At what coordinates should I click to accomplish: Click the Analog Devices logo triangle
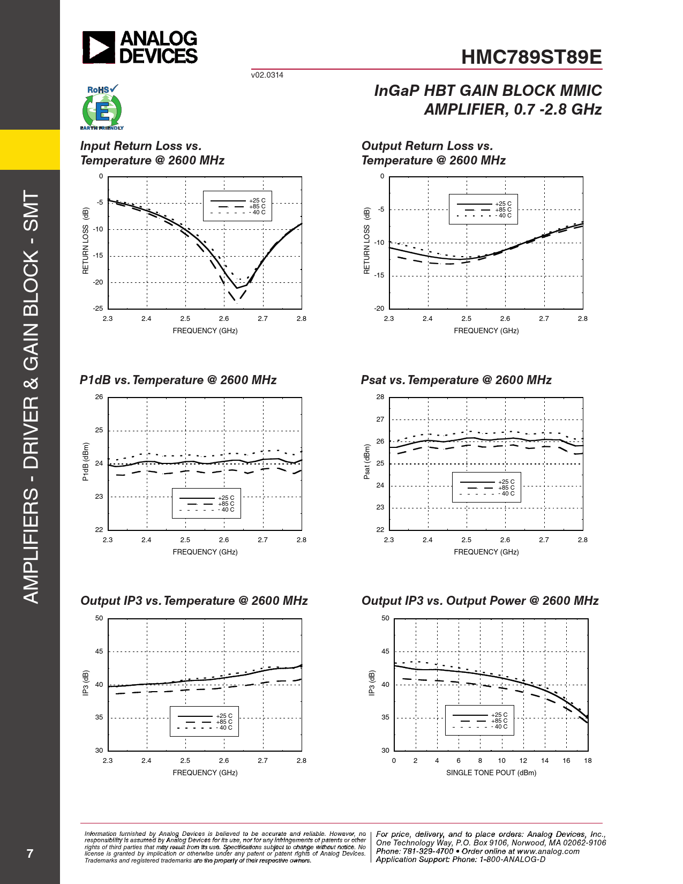(x=99, y=47)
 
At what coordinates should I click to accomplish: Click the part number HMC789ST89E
(x=531, y=57)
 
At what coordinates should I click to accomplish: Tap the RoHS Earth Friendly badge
(x=102, y=108)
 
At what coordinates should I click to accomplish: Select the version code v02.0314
(x=267, y=75)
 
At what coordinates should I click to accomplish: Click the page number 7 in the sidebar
(x=30, y=853)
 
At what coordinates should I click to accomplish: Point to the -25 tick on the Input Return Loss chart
(x=97, y=309)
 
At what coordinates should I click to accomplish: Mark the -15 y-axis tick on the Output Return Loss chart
(x=379, y=275)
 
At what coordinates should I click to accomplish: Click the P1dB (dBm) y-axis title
(x=86, y=461)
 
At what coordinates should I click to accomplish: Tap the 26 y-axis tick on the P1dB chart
(x=99, y=397)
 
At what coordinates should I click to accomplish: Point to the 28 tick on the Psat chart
(x=380, y=397)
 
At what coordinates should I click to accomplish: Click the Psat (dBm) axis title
(x=367, y=461)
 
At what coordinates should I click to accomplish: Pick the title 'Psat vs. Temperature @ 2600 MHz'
(x=456, y=380)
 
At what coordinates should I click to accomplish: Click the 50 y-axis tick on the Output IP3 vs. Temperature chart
(x=99, y=618)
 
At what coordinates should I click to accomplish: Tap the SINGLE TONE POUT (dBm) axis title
(x=491, y=773)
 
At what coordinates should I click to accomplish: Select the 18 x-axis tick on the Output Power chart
(x=588, y=761)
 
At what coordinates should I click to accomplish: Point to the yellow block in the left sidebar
(x=30, y=149)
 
